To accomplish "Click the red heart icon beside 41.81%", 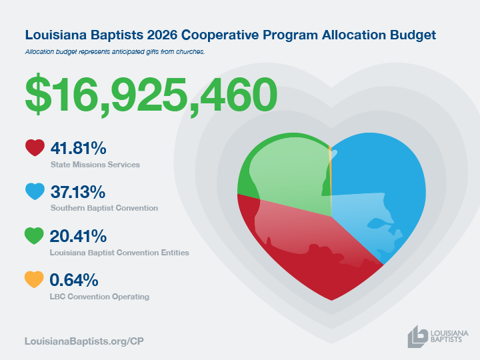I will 34,147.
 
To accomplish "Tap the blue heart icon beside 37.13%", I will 34,191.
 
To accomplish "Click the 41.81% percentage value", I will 78,148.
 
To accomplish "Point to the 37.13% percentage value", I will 78,192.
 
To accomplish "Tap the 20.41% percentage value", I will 78,236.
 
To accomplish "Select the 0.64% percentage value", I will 73,280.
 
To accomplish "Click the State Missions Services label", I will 95,164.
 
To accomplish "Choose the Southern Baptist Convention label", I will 104,208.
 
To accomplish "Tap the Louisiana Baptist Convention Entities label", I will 119,253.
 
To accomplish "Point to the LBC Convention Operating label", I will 99,297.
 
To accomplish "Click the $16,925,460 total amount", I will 151,95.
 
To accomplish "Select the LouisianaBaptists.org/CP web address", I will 84,341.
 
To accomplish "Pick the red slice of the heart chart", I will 313,260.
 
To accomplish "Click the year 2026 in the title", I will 171,34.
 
